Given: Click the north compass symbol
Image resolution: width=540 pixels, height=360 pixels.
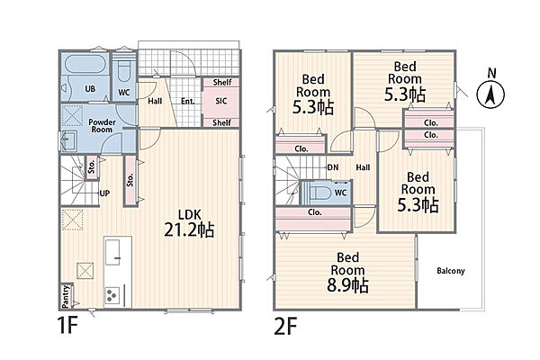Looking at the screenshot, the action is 490,94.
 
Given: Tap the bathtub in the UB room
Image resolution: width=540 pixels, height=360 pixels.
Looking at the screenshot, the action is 85,64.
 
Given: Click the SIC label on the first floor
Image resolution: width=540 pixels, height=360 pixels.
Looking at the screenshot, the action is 221,101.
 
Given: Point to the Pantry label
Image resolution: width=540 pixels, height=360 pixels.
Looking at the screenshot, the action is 66,296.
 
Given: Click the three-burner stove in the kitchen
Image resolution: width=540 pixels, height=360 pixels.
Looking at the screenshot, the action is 112,295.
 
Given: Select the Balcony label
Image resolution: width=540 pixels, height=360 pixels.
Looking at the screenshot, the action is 451,271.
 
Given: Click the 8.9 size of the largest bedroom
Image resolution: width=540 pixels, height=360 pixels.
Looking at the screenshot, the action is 347,285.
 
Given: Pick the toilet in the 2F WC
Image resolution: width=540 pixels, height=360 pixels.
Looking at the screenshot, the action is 319,193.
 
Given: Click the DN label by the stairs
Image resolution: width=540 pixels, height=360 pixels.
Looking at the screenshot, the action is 333,167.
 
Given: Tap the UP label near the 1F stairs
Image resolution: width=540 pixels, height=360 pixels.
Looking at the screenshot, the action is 104,193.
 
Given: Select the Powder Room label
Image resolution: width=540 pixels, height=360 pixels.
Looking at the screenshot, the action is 102,126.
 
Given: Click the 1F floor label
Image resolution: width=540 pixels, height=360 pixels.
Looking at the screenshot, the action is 68,326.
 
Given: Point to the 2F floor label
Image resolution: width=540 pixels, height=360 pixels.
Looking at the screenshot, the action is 285,326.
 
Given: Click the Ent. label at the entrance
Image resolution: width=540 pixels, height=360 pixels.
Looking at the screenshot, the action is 188,102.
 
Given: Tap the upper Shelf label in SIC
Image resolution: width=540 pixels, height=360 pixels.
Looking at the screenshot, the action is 222,82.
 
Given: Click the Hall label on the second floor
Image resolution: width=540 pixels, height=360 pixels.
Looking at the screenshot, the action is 363,167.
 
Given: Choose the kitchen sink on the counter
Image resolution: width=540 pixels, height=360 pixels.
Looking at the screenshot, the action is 112,252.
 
